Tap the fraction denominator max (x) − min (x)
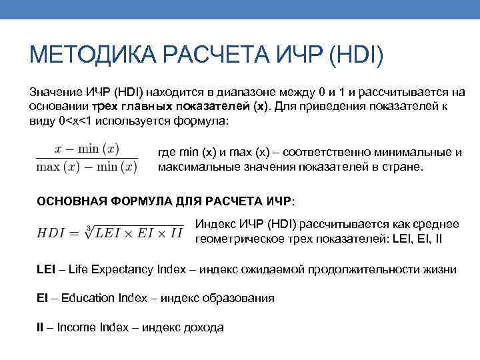click(86, 167)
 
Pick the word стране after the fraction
click(403, 167)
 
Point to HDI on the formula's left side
click(51, 233)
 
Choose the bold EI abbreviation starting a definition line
click(41, 298)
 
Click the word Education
click(87, 298)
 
